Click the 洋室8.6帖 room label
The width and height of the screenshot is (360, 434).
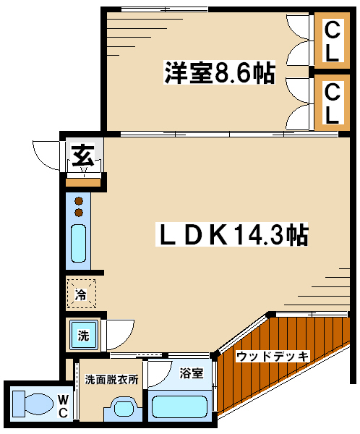pos(220,72)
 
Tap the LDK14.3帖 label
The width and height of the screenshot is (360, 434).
pos(232,234)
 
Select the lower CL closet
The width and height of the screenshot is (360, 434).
pos(332,103)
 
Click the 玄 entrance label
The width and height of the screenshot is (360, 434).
pos(83,156)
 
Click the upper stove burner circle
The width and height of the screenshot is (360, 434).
pos(79,200)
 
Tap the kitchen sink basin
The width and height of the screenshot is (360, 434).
pos(78,243)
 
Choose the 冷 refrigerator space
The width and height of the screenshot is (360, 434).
pos(82,294)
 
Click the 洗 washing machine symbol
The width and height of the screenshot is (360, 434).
pos(84,335)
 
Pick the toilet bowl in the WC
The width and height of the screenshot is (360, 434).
pos(33,404)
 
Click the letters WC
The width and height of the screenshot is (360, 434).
pos(63,406)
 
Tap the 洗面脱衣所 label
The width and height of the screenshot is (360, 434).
pos(111,379)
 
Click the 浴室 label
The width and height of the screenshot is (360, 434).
pos(192,373)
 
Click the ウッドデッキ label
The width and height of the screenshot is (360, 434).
pos(273,356)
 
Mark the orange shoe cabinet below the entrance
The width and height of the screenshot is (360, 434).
pos(83,182)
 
